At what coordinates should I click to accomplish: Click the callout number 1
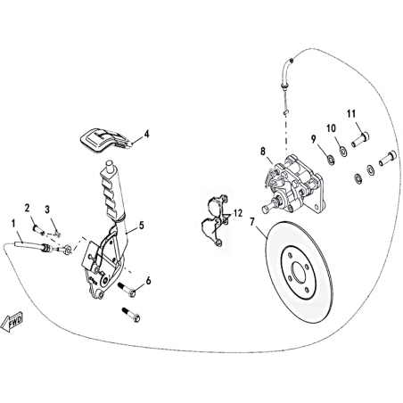pyautogui.click(x=12, y=223)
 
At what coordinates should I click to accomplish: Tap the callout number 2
pyautogui.click(x=28, y=208)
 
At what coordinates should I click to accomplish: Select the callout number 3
pyautogui.click(x=47, y=210)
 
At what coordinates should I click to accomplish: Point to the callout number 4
pyautogui.click(x=146, y=134)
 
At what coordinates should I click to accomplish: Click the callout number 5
pyautogui.click(x=141, y=226)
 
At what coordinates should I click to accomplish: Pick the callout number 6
pyautogui.click(x=148, y=280)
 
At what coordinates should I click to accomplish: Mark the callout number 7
pyautogui.click(x=252, y=222)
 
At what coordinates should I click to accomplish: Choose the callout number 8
pyautogui.click(x=263, y=152)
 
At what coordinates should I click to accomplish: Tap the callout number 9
pyautogui.click(x=313, y=139)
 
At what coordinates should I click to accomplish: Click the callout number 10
pyautogui.click(x=331, y=128)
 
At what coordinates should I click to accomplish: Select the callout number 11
pyautogui.click(x=351, y=113)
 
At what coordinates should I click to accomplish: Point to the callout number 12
pyautogui.click(x=238, y=213)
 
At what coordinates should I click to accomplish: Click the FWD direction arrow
pyautogui.click(x=12, y=322)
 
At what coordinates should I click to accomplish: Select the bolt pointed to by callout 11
pyautogui.click(x=360, y=139)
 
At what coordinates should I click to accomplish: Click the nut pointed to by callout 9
pyautogui.click(x=330, y=160)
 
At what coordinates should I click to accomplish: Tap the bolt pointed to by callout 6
pyautogui.click(x=127, y=290)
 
